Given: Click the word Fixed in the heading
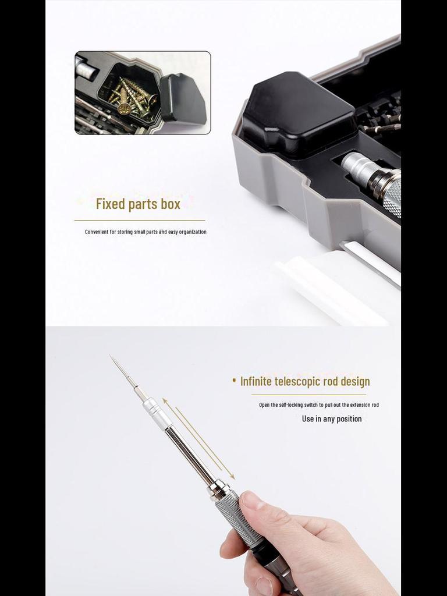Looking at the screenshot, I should (x=111, y=204).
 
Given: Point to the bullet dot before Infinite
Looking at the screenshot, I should (x=234, y=381).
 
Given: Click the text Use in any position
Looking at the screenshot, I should (x=332, y=419).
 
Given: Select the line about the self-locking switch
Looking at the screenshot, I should (x=319, y=405).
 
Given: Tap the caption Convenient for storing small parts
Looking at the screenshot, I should (x=146, y=232).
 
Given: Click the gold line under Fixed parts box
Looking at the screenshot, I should (x=140, y=221).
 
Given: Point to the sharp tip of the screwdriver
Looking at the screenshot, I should (x=111, y=356).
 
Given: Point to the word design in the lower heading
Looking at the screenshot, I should (x=352, y=382).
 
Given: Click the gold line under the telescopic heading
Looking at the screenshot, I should (x=308, y=395).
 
